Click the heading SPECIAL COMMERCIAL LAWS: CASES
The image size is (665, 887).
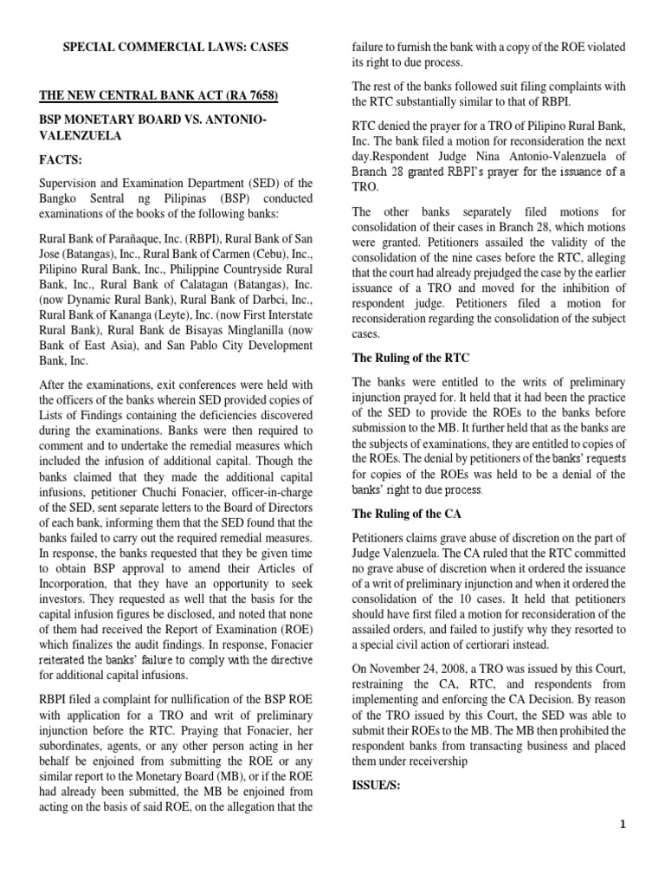(x=177, y=46)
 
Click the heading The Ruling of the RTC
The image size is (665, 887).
(x=408, y=358)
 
